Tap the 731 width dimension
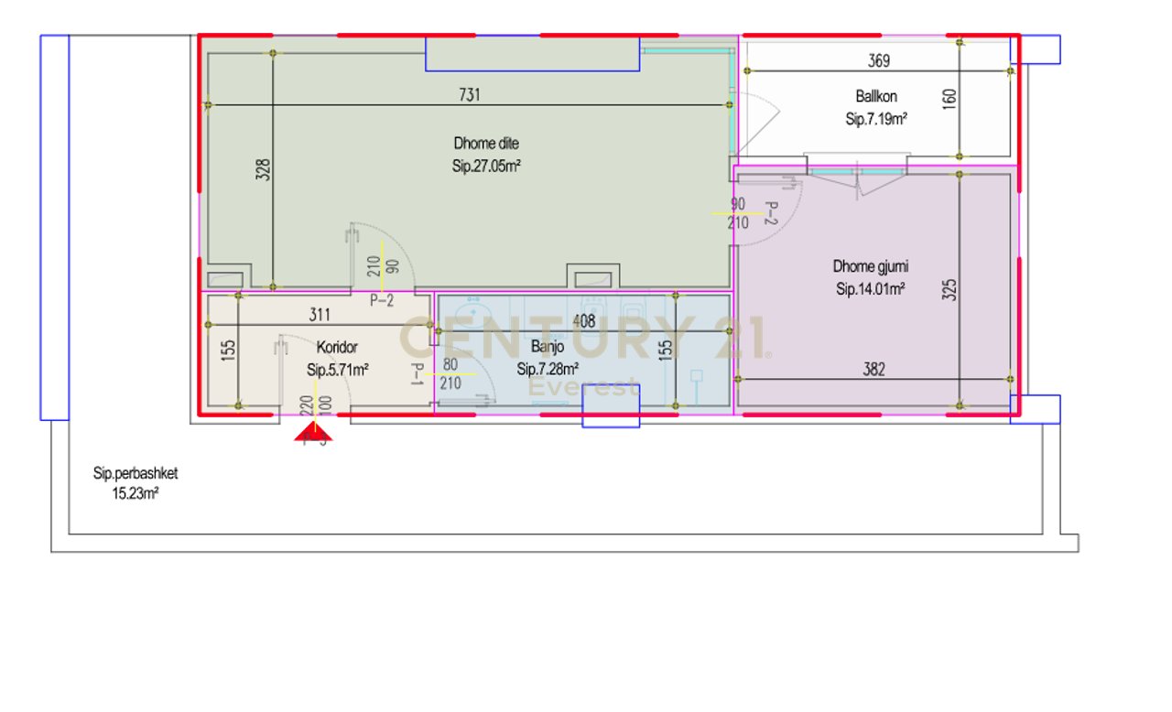(x=469, y=94)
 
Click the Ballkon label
(x=876, y=96)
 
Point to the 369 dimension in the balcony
(x=878, y=62)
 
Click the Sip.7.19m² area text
(x=876, y=119)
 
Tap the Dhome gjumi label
(x=871, y=267)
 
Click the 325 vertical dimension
(x=950, y=290)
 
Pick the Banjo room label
(x=548, y=348)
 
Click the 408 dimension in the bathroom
(x=583, y=322)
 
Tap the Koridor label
(x=336, y=348)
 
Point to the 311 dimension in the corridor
(x=320, y=316)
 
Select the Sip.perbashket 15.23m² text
(x=134, y=483)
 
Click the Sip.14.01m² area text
(x=871, y=289)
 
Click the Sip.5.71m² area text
(x=337, y=370)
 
